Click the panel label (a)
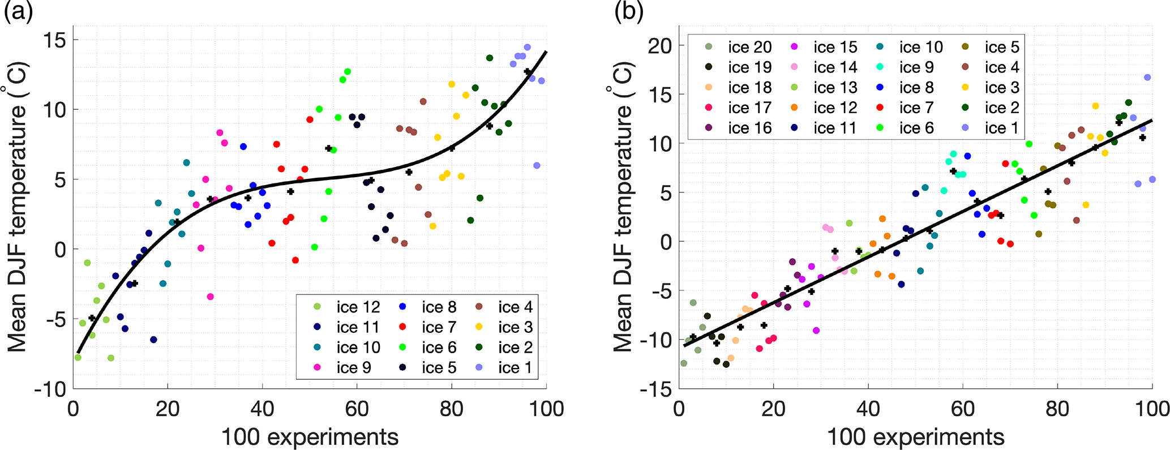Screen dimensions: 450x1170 click(x=18, y=12)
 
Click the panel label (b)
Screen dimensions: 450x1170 click(x=629, y=12)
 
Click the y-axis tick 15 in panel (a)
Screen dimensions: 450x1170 click(x=55, y=40)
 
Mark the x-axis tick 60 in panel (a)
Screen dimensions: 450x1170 click(x=357, y=408)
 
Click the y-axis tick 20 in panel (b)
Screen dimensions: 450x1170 click(x=660, y=46)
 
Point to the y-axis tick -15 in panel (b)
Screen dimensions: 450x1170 click(x=656, y=389)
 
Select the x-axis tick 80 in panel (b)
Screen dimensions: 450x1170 click(x=1057, y=408)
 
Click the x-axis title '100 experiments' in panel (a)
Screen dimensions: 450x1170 click(x=310, y=436)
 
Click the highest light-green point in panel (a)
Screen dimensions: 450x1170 click(x=87, y=263)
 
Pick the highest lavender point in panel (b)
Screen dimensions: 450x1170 click(x=1147, y=78)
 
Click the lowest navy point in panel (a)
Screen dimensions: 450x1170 click(x=153, y=340)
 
